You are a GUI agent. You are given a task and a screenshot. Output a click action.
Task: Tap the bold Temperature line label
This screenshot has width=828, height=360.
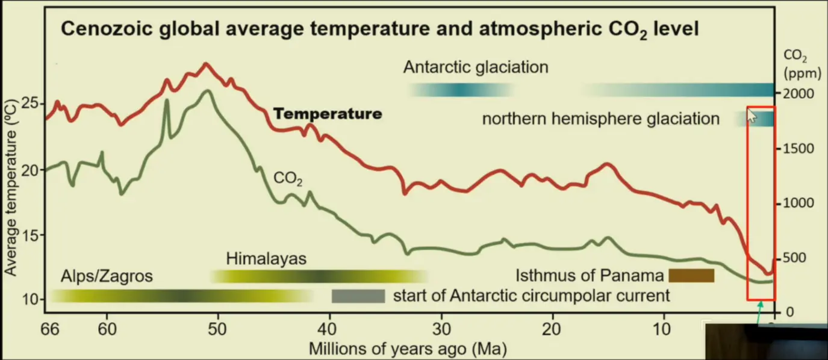328,114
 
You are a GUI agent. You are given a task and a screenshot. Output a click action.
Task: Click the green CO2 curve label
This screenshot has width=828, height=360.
288,179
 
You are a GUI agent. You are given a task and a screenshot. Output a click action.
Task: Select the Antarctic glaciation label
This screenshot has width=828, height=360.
476,67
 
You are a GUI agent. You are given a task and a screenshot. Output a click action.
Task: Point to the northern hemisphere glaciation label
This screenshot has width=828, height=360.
600,119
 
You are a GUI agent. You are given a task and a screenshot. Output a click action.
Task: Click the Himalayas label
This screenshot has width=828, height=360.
266,259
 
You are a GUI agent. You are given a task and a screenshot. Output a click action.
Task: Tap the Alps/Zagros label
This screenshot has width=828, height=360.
107,276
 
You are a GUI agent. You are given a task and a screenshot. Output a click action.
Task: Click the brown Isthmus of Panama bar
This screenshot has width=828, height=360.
691,276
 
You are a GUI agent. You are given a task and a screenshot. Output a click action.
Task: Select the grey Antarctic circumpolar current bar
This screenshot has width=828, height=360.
358,296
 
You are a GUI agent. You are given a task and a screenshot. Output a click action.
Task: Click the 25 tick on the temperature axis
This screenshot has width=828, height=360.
30,103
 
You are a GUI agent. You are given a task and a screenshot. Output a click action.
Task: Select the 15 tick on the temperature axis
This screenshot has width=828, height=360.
30,235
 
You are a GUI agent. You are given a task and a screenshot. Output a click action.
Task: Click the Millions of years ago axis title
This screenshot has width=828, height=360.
408,348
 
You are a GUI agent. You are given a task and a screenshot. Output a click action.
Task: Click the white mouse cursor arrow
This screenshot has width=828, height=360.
752,115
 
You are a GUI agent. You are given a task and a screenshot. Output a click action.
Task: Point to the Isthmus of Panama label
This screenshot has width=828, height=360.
590,276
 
